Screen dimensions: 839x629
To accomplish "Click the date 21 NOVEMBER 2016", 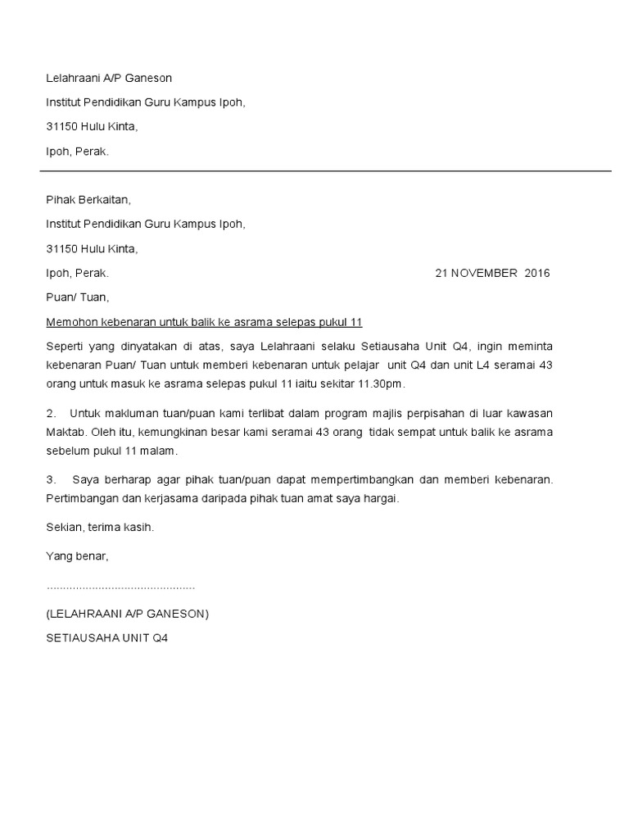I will [x=493, y=274].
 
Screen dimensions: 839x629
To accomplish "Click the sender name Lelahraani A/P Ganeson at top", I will [x=109, y=79].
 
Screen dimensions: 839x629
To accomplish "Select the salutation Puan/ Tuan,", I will [x=77, y=297].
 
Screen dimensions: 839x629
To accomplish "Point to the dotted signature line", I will [x=120, y=588].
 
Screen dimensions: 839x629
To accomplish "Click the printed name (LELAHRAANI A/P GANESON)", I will [x=128, y=613].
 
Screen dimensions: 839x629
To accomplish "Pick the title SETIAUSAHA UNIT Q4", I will [x=106, y=637].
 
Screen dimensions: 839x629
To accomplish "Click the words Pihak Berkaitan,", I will [x=88, y=199].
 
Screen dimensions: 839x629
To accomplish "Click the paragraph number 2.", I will [x=50, y=412].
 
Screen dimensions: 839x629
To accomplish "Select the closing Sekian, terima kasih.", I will [x=100, y=528].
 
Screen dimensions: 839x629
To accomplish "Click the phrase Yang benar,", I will [x=77, y=556].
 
